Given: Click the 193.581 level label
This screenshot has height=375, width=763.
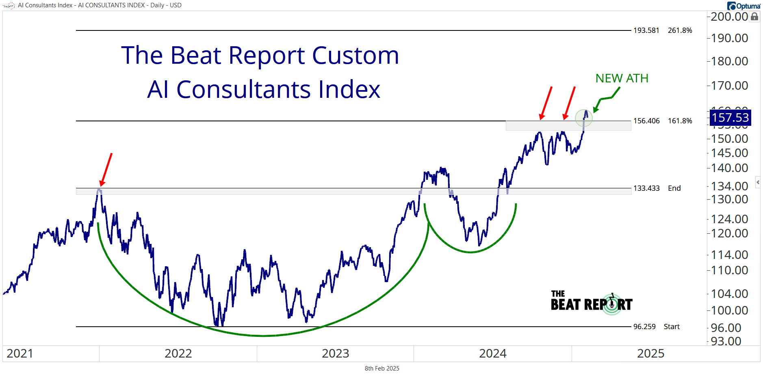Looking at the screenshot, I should click(646, 30).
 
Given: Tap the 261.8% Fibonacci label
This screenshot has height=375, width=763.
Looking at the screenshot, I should click(680, 30).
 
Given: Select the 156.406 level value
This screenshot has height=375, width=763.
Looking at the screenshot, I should click(646, 121).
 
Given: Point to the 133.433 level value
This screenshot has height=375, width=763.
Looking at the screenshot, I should click(646, 188).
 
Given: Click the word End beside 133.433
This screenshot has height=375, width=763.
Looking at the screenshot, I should click(674, 188).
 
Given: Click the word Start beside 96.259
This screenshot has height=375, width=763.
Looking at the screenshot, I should click(671, 327).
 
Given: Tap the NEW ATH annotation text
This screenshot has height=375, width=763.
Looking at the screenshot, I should click(622, 78).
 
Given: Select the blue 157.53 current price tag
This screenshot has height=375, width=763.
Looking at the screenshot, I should click(730, 118).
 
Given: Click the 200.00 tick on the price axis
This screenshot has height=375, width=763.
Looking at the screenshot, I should click(729, 17).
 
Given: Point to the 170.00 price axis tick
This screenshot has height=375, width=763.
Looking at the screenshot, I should click(729, 86).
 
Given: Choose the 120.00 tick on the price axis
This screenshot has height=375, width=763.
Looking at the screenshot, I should click(729, 233).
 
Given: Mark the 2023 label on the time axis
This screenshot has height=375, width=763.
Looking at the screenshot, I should click(335, 353).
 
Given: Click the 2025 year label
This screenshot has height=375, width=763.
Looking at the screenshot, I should click(650, 353).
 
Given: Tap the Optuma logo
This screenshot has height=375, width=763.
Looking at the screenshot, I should click(743, 6).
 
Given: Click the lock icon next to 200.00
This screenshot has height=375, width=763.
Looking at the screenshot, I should click(754, 17).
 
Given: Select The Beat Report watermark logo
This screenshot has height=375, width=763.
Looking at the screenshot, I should click(591, 302).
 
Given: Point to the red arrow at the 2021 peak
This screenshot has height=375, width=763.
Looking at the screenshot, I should click(106, 170).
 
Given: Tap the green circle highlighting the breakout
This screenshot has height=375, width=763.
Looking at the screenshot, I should click(584, 118).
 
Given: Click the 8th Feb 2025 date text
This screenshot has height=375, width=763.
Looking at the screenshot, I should click(382, 369).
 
